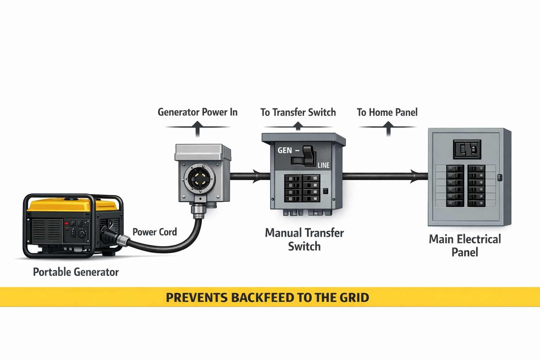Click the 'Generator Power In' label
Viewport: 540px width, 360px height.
pyautogui.click(x=198, y=112)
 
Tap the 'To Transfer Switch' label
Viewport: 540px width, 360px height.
pyautogui.click(x=298, y=112)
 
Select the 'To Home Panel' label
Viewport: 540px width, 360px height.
pyautogui.click(x=387, y=112)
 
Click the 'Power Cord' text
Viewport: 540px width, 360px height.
pyautogui.click(x=155, y=232)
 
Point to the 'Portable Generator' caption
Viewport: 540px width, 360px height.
pyautogui.click(x=76, y=272)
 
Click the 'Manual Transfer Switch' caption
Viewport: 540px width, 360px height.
pyautogui.click(x=304, y=239)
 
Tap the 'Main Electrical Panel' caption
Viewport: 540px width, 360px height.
pyautogui.click(x=465, y=245)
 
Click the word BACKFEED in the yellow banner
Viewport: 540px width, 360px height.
pyautogui.click(x=264, y=297)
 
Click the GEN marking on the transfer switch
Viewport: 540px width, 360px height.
pyautogui.click(x=285, y=150)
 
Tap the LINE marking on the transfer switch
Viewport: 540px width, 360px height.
pyautogui.click(x=323, y=165)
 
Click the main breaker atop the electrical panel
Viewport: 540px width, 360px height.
pyautogui.click(x=467, y=149)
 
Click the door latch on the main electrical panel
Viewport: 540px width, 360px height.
pyautogui.click(x=500, y=178)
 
